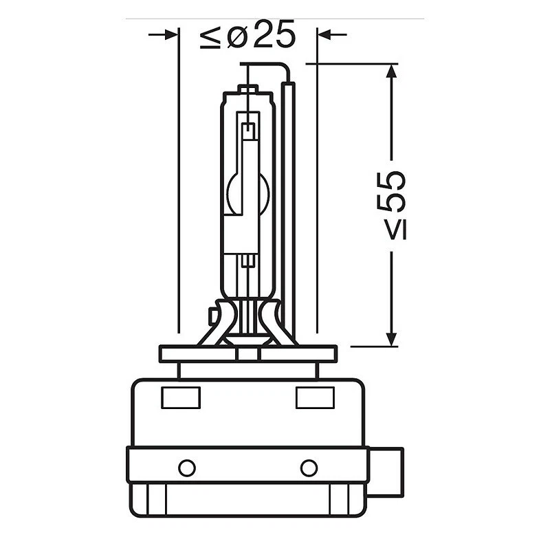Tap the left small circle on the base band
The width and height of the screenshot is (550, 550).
[x=186, y=467]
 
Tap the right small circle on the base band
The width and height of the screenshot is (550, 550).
[x=309, y=467]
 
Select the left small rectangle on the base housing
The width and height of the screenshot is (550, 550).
[x=181, y=397]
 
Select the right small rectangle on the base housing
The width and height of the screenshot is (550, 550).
[x=315, y=397]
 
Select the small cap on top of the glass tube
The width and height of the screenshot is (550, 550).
[x=247, y=89]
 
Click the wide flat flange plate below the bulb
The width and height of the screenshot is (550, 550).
[x=247, y=353]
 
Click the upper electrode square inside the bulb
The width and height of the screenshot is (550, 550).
[x=248, y=129]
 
